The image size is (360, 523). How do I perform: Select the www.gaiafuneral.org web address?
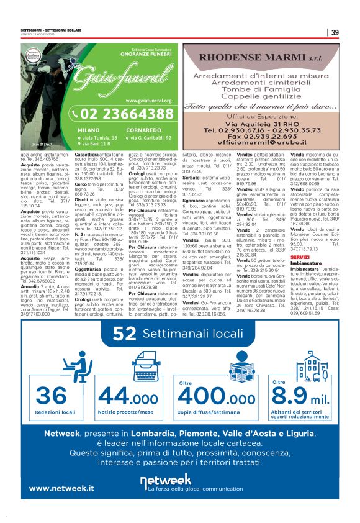point(148,100)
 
